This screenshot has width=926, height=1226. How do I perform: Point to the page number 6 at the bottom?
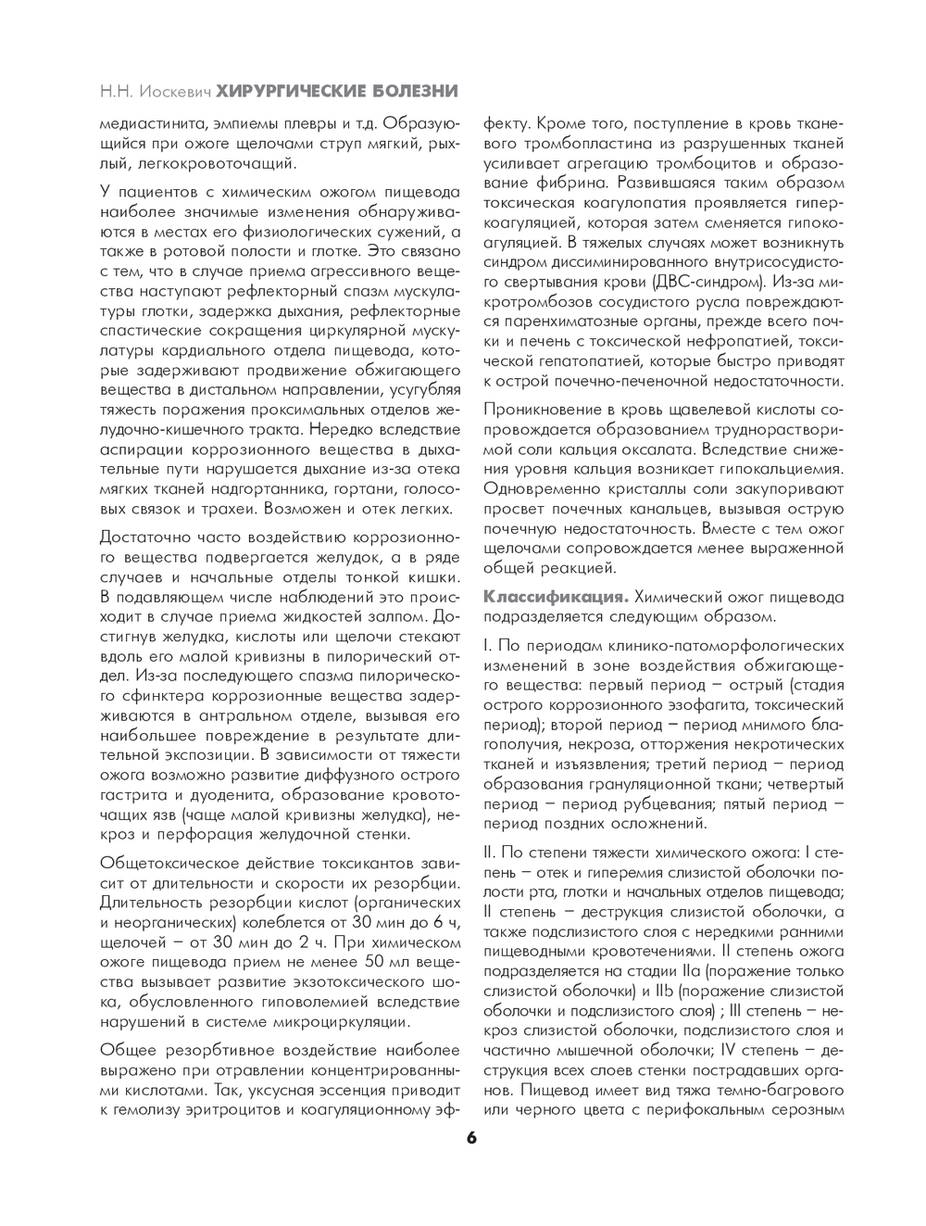click(x=471, y=1136)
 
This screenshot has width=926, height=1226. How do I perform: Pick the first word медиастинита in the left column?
click(x=148, y=123)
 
